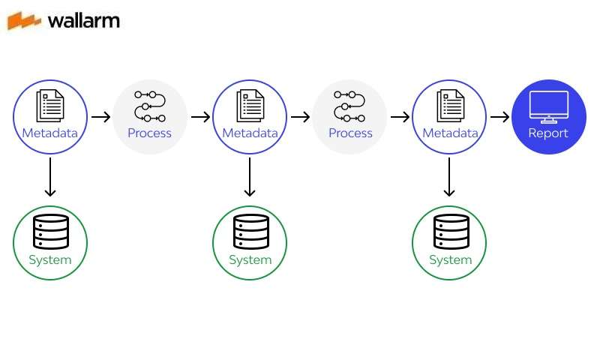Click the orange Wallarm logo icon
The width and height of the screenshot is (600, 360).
pos(25,20)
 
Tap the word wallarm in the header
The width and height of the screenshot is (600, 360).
pos(83,20)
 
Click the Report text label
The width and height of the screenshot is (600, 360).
pos(548,133)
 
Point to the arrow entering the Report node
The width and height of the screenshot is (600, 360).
pos(499,117)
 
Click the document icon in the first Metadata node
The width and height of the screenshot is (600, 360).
pos(50,106)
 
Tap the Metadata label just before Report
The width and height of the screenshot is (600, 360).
pos(450,133)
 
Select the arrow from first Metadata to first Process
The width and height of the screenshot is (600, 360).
pos(100,117)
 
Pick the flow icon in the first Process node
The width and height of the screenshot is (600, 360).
pos(149,106)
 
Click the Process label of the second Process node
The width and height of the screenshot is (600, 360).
pos(350,133)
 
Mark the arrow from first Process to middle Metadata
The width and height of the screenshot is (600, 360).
pos(200,117)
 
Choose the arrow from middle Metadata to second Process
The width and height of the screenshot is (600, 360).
pos(300,117)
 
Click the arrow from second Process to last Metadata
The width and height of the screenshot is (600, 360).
pos(400,117)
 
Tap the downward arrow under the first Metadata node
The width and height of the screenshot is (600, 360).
pos(50,177)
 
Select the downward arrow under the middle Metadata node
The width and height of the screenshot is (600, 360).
pos(250,177)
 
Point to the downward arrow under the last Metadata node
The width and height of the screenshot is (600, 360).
pos(449,177)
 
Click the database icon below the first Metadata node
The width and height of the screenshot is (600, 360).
pos(50,232)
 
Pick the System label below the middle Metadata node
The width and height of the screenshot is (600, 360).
pos(250,260)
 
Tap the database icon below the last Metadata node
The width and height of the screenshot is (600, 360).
pos(450,232)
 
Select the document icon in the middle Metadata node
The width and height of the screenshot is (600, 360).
pos(250,106)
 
